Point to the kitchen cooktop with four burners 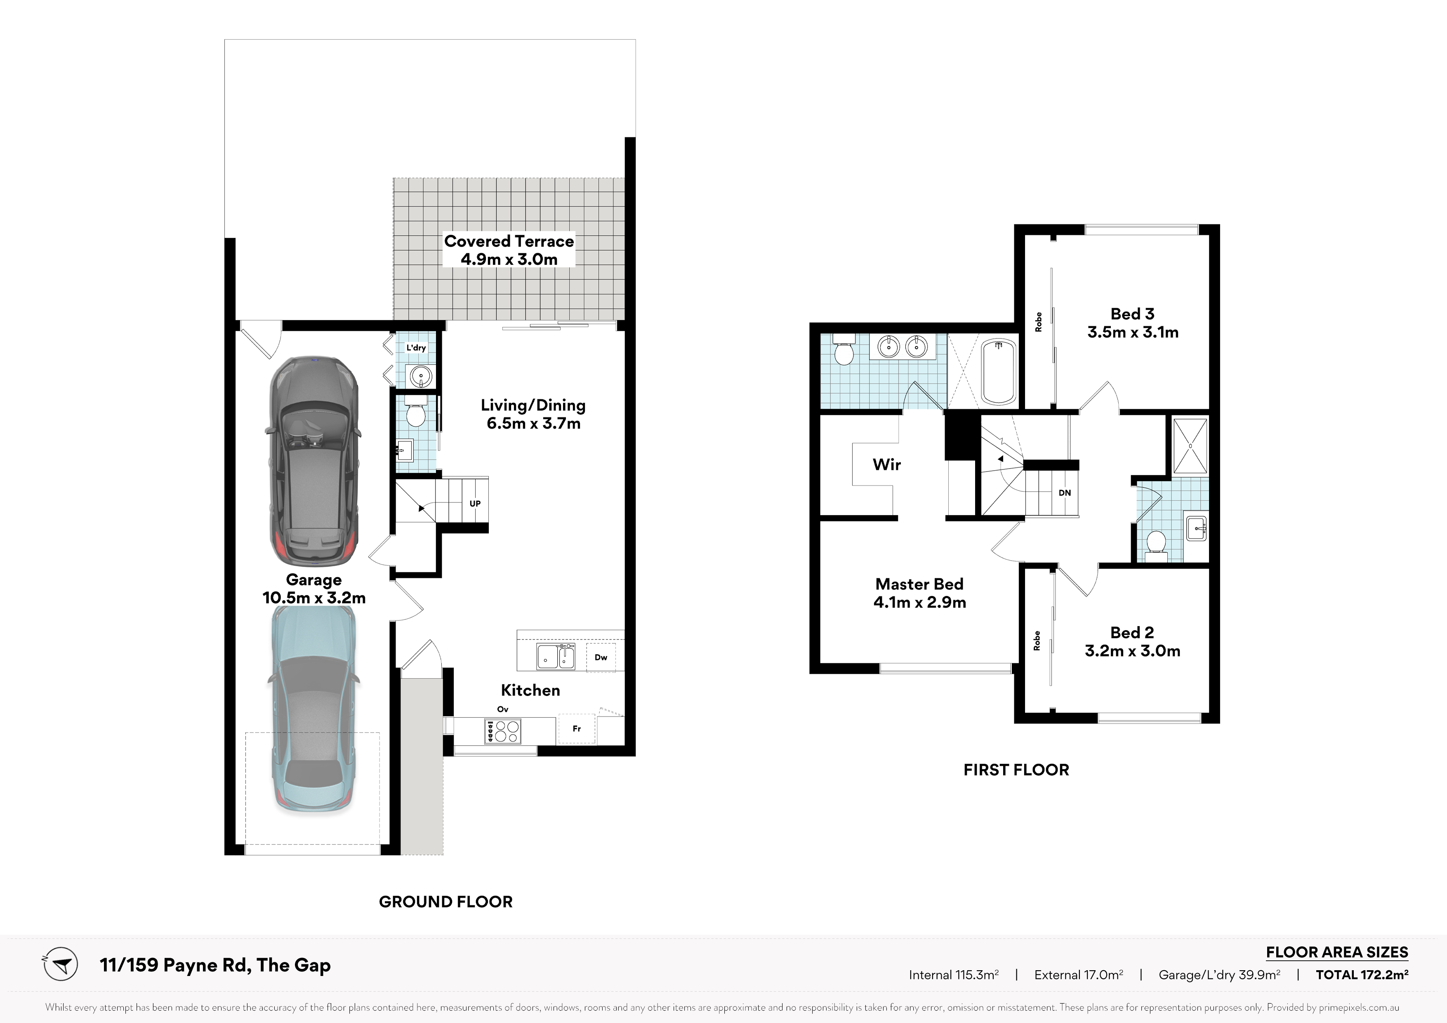pos(502,731)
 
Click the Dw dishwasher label pos(601,658)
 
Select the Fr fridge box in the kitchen pos(576,728)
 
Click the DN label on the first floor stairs pos(1065,493)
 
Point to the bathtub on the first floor pos(999,372)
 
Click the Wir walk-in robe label pos(887,464)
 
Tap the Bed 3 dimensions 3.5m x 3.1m pos(1133,332)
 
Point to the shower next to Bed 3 pos(1190,445)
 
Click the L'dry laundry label pos(416,347)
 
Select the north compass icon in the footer pos(61,965)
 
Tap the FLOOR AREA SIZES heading pos(1337,952)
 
